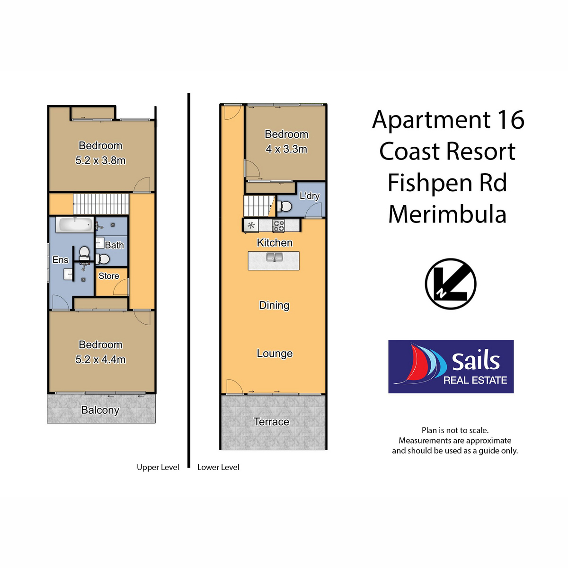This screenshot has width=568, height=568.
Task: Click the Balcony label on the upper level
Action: [x=100, y=410]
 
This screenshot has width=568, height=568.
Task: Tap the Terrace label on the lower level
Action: [x=271, y=422]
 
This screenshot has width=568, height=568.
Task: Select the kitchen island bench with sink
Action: [x=274, y=260]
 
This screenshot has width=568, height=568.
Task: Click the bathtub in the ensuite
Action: [x=75, y=224]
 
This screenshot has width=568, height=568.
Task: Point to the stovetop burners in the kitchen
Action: [x=279, y=226]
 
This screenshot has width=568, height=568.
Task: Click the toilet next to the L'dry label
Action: [x=285, y=206]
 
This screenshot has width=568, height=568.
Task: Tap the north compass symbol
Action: [x=450, y=284]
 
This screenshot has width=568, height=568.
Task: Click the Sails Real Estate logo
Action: [x=451, y=366]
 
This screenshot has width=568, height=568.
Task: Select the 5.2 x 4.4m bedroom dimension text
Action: [x=100, y=360]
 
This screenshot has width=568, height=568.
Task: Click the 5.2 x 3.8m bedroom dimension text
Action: [x=100, y=160]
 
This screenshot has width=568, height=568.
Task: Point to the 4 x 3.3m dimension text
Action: [x=286, y=149]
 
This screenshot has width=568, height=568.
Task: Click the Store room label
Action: [x=109, y=276]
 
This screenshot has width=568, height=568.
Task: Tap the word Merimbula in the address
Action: [x=447, y=214]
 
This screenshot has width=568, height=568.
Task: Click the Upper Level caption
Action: [x=158, y=467]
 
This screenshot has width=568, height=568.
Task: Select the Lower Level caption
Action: [x=218, y=467]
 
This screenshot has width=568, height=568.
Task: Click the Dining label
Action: [x=274, y=305]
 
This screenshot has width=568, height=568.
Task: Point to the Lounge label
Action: [x=275, y=354]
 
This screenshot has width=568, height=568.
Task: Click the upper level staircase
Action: [x=101, y=204]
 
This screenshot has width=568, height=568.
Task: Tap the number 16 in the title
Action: [x=510, y=120]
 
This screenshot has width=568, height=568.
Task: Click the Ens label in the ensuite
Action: [x=60, y=260]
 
